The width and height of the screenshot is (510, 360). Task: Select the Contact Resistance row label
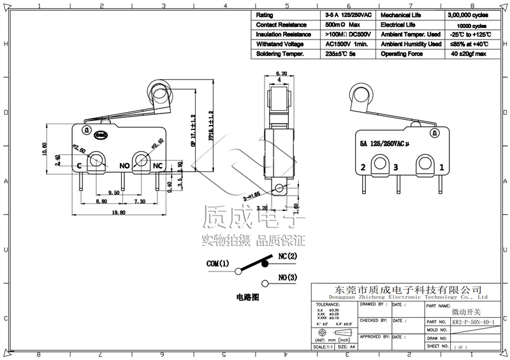click(282, 24)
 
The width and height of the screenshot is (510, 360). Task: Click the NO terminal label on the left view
click(126, 166)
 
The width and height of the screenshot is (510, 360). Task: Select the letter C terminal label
click(78, 166)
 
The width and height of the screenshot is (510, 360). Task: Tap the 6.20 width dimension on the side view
click(280, 74)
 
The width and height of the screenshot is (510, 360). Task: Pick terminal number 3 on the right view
click(396, 168)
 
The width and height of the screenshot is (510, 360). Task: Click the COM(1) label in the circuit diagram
click(217, 263)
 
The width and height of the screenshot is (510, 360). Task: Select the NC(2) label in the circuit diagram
click(288, 256)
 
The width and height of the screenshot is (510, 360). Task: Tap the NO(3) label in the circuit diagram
click(288, 278)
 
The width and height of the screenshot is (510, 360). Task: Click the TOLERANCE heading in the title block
click(328, 305)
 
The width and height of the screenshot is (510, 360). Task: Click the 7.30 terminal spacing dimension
click(140, 201)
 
